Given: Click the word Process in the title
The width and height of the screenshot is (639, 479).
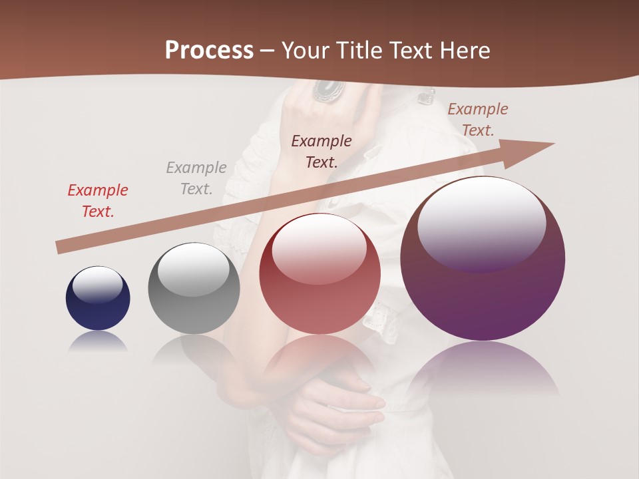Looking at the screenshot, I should (x=209, y=51).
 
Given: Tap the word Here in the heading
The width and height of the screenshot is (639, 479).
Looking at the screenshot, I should (x=464, y=51).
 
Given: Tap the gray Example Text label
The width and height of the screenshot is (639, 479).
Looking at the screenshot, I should (x=196, y=178).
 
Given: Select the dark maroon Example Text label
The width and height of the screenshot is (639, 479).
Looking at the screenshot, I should (x=321, y=151).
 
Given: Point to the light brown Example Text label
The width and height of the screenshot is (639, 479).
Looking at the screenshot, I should (x=477, y=120).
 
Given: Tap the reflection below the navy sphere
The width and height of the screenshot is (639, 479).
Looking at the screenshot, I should (x=98, y=341).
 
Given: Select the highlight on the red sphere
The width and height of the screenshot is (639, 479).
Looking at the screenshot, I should (x=319, y=249).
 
